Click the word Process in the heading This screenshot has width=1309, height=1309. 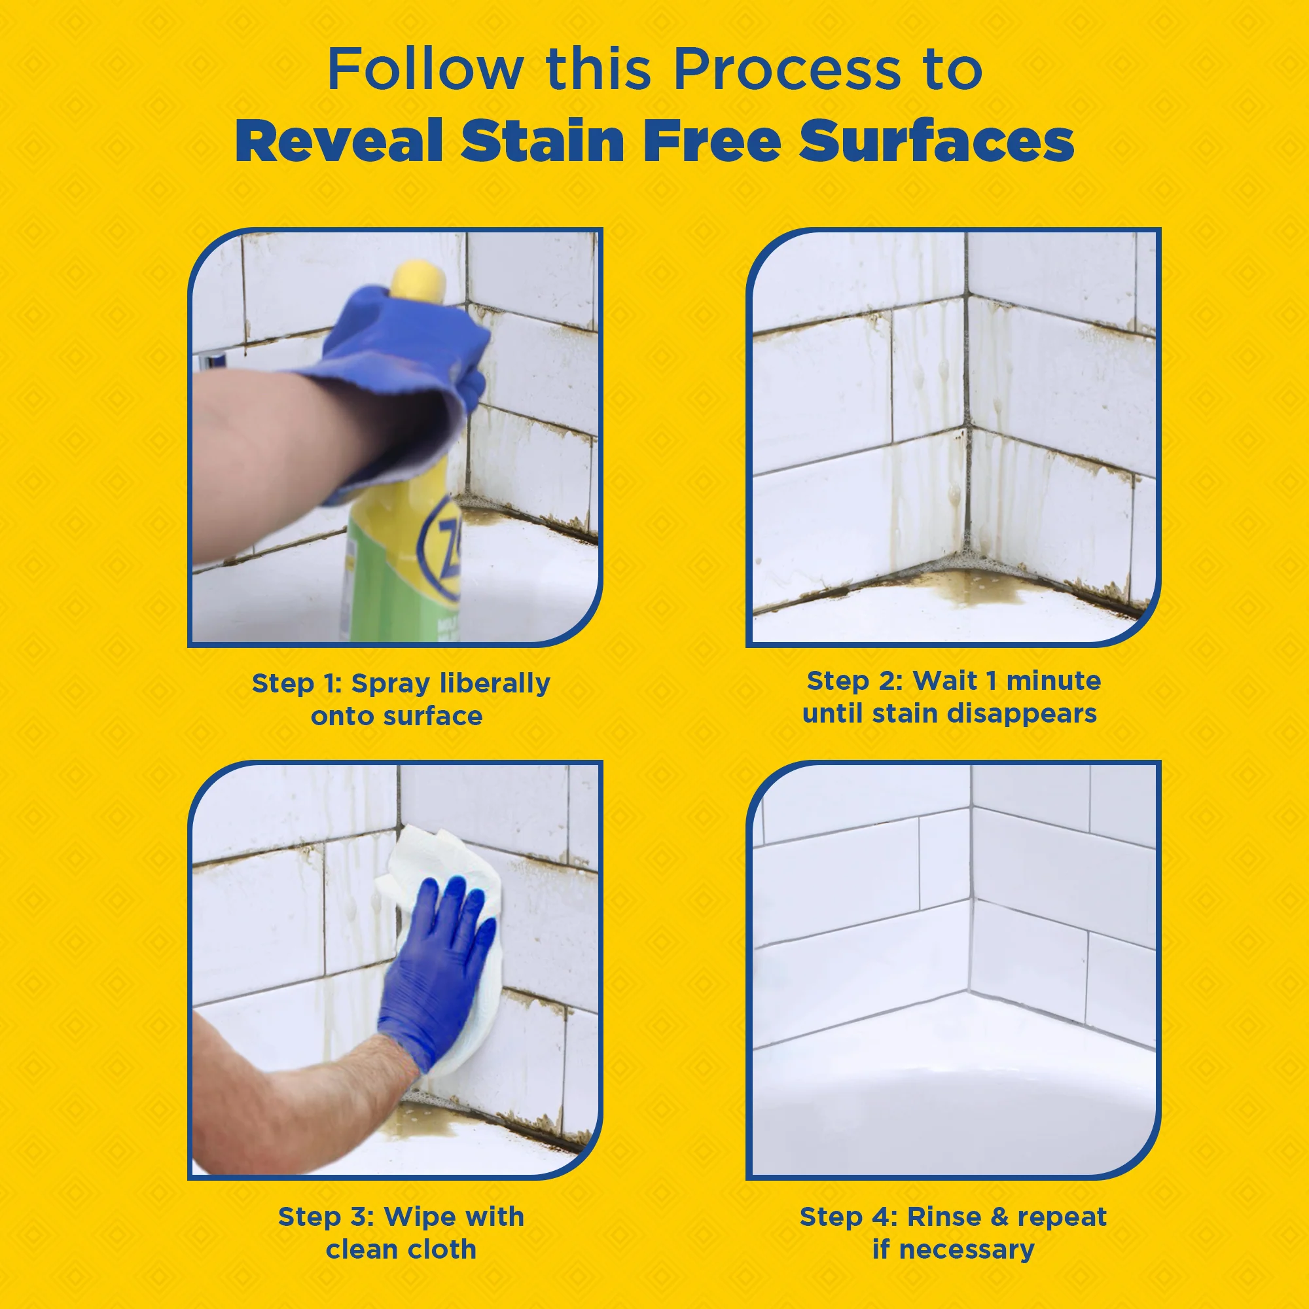coord(787,70)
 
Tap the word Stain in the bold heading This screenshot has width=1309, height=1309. coord(542,140)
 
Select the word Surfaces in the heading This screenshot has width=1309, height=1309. coord(936,140)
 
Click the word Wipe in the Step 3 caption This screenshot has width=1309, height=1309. coord(418,1216)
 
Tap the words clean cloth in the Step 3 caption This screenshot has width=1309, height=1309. coord(401,1249)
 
